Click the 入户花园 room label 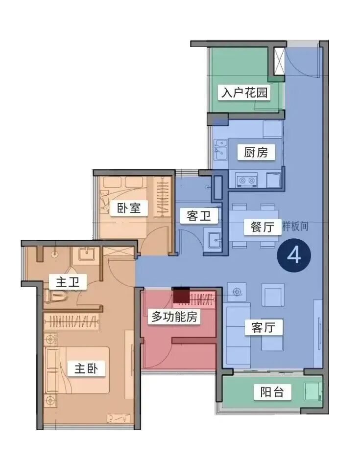244,92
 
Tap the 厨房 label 256,152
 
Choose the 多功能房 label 174,317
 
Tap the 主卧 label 90,368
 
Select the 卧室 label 129,208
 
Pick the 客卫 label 199,216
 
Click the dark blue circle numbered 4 293,255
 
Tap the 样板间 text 296,227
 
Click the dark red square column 181,295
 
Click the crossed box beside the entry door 279,61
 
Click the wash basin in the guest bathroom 214,240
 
